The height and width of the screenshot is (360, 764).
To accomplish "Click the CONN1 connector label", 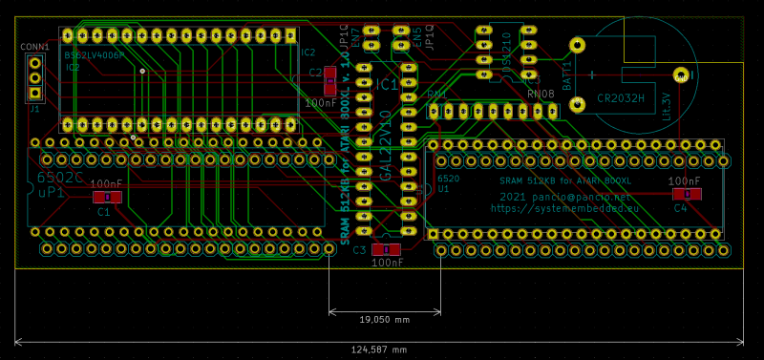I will pos(34,46).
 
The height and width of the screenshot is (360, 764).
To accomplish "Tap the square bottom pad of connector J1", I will pos(34,94).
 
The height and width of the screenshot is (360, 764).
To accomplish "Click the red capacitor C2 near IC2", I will pos(329,73).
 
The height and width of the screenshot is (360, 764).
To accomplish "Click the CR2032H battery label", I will pos(621,97).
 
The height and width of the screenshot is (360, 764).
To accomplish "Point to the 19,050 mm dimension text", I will pos(384,319).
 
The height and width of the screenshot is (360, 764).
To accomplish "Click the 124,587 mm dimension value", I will pos(380,349).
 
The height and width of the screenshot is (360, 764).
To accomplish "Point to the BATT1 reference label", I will pos(566,75).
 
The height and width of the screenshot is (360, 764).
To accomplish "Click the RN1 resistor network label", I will pos(436,95).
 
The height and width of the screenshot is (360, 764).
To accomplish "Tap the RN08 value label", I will pos(541,95).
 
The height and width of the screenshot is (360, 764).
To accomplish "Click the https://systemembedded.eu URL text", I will pos(562,206).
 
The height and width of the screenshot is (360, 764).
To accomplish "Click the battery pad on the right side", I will pos(680,74).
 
